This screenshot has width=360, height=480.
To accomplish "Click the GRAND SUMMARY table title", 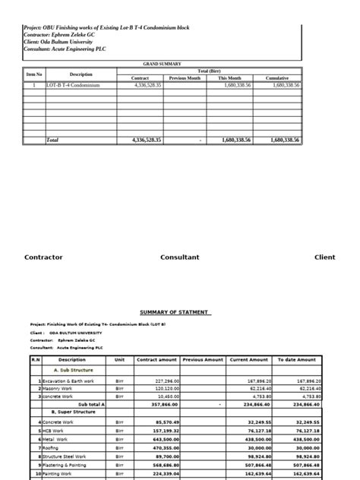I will coord(163,64).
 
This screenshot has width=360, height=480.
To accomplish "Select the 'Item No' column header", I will coord(35,74).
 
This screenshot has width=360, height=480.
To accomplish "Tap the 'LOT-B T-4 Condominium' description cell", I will coord(73,86).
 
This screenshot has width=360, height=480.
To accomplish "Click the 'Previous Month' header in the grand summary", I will coord(185,78).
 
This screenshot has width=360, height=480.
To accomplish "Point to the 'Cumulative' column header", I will coord(276,78).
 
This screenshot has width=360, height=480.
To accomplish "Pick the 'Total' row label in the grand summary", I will coord(52,140).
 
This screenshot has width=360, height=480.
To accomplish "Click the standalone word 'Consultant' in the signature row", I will coord(179,257).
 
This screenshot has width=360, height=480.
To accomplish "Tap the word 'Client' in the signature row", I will coord(324,257).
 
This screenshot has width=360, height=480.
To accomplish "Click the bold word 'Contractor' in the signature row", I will coord(43,257).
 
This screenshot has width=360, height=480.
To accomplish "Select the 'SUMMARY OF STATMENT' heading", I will coord(175,312).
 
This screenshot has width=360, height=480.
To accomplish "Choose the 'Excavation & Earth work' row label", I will coord(68,381).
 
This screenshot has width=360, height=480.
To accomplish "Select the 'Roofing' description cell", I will coord(52,448).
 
